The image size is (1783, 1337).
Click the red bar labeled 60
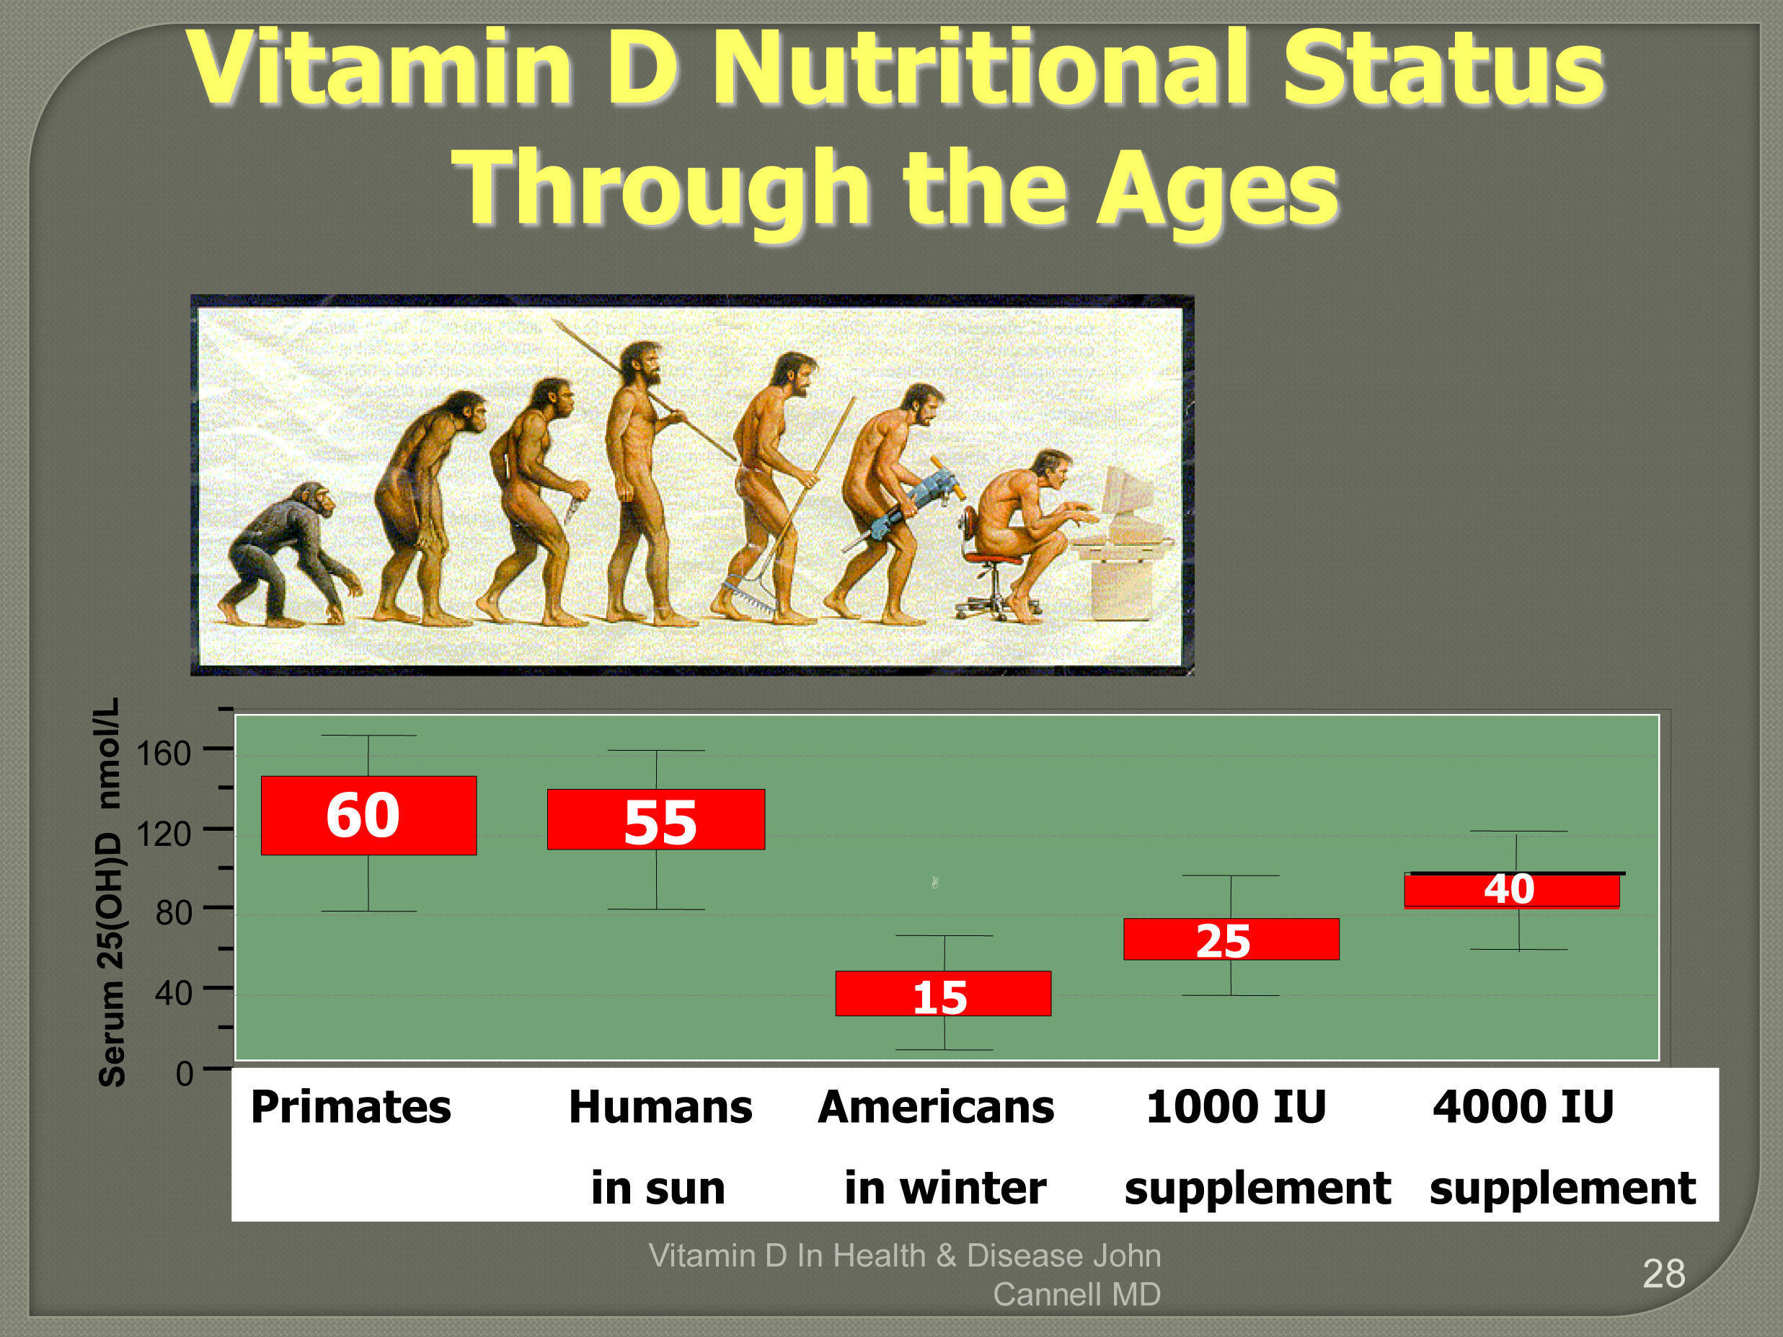click(x=368, y=816)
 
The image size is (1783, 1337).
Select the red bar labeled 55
click(x=656, y=819)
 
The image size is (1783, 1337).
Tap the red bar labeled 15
click(x=943, y=994)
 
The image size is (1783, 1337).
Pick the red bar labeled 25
click(x=1231, y=939)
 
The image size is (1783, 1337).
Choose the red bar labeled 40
click(x=1512, y=891)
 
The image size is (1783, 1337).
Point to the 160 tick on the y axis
click(x=218, y=749)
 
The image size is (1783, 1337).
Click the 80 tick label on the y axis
click(x=173, y=913)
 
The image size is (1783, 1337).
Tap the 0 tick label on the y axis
click(x=185, y=1074)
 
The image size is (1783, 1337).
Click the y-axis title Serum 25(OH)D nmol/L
click(x=110, y=892)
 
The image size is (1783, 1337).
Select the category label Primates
click(x=350, y=1106)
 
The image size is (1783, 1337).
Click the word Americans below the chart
click(x=936, y=1106)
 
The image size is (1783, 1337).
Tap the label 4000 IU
click(x=1523, y=1106)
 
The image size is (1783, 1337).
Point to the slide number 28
click(x=1664, y=1274)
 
